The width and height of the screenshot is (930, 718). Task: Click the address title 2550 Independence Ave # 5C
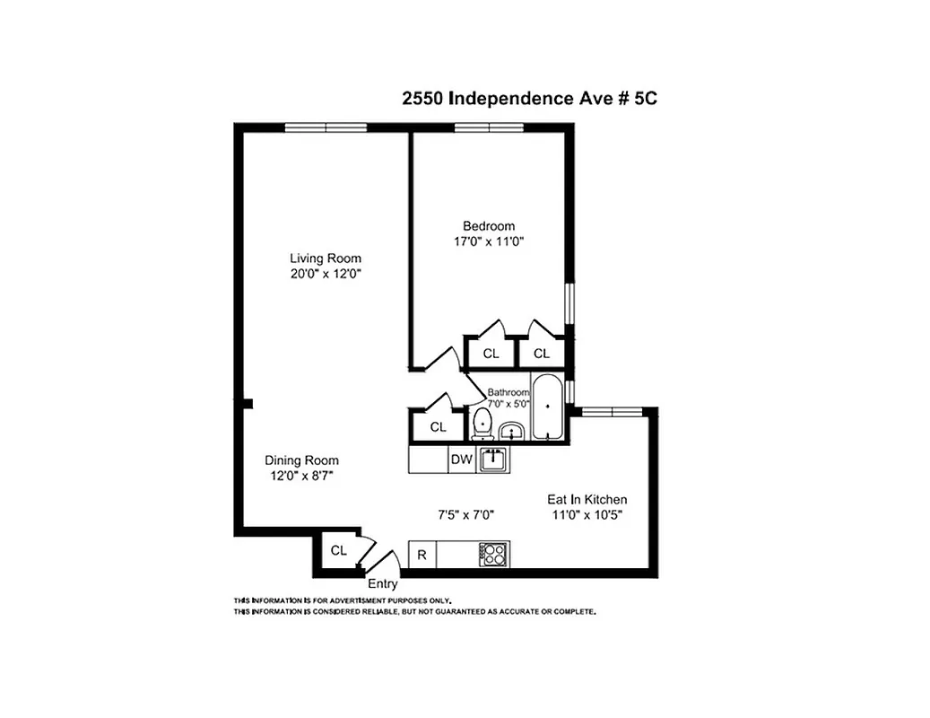point(529,99)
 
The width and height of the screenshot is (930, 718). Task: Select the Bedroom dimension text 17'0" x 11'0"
point(489,241)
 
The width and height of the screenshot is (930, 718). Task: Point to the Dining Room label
point(301,460)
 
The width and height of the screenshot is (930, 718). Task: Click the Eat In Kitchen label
point(587,499)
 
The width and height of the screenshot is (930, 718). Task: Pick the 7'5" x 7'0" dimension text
point(465,515)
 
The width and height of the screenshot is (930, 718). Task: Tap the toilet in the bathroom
point(482,423)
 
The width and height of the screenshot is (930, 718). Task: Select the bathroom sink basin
point(512,433)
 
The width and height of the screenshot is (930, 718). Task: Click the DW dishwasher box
point(461,460)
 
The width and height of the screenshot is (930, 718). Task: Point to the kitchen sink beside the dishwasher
point(492,460)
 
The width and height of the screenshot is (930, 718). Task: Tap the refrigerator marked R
point(422,555)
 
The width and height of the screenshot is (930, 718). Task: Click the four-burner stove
point(494,555)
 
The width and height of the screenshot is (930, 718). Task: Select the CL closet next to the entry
point(337,551)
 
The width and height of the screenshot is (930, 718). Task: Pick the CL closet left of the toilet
point(437,427)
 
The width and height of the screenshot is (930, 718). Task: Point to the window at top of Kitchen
point(609,411)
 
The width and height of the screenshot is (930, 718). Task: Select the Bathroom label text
point(508,392)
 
